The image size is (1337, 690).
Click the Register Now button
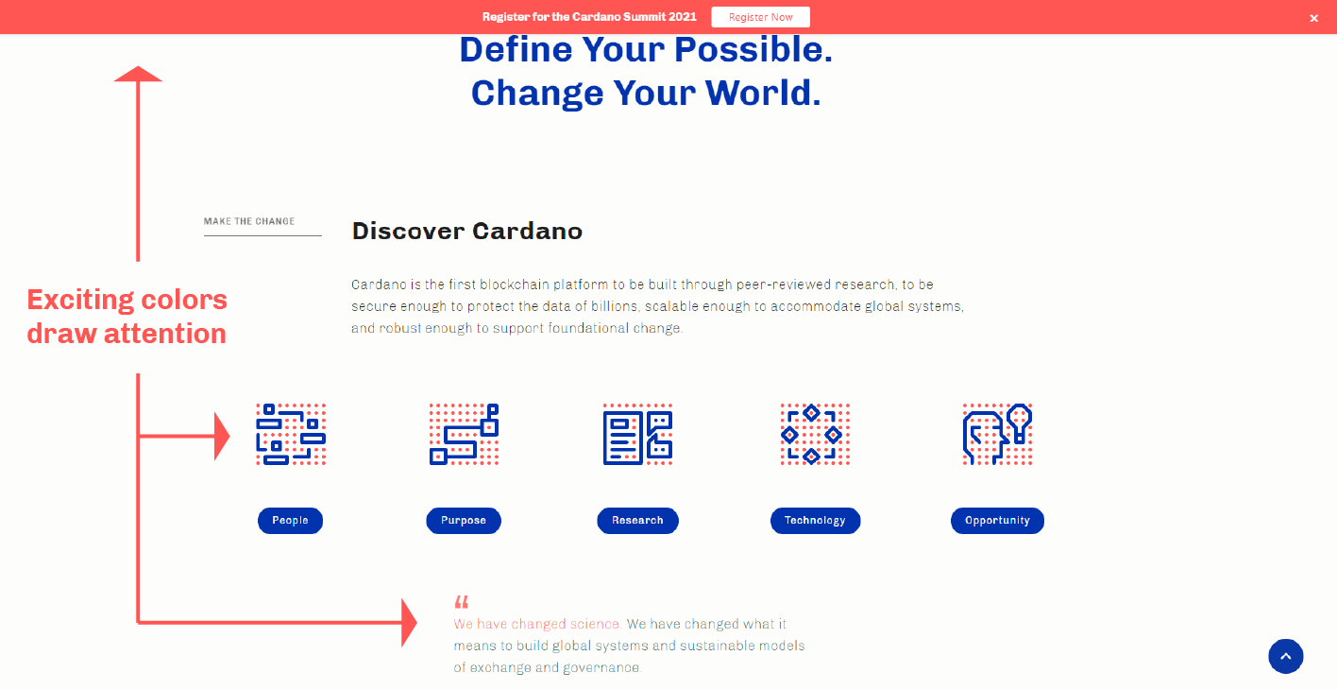760,17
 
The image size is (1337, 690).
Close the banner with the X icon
1313,19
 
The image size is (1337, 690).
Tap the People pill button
290,521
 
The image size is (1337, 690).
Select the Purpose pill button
464,521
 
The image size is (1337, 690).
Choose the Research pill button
637,521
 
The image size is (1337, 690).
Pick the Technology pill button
815,521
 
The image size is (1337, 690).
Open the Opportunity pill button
997,521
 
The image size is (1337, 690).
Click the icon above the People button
291,434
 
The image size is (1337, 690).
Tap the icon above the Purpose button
464,434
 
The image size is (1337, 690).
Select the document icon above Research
637,434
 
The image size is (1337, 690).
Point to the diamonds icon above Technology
815,434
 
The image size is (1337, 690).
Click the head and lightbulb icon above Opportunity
997,434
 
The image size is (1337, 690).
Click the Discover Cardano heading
466,232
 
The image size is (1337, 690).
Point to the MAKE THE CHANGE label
249,221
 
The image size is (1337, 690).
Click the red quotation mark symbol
462,601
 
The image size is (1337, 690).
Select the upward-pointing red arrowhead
138,74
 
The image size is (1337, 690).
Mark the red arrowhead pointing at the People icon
222,436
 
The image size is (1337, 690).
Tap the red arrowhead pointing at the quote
409,623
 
